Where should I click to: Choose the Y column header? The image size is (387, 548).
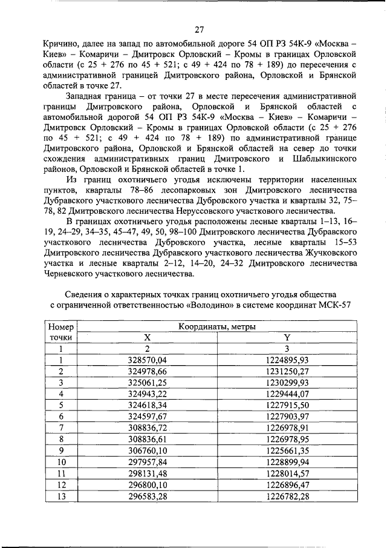coord(287,338)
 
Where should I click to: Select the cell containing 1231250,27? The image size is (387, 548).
coord(287,371)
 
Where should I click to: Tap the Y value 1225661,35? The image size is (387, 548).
coord(287,451)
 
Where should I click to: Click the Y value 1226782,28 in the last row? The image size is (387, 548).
coord(287,496)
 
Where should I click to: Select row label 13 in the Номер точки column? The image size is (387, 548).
coord(60,496)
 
